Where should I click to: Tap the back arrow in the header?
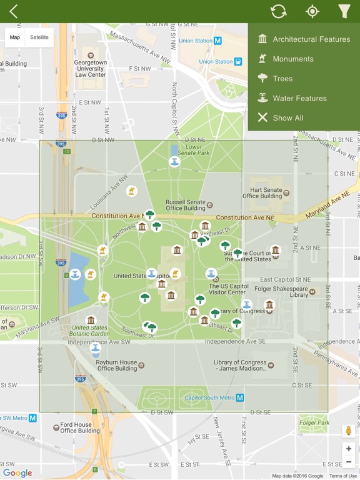pyautogui.click(x=14, y=11)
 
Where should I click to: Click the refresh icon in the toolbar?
pyautogui.click(x=278, y=11)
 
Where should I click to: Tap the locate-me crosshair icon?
pyautogui.click(x=312, y=11)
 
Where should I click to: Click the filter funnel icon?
pyautogui.click(x=344, y=11)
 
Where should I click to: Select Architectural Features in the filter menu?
pyautogui.click(x=311, y=39)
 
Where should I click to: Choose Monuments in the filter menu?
pyautogui.click(x=292, y=59)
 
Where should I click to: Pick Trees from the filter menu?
pyautogui.click(x=282, y=79)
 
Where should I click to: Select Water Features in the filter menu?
pyautogui.click(x=299, y=98)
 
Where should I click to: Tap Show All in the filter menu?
pyautogui.click(x=287, y=117)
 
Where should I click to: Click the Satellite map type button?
pyautogui.click(x=39, y=37)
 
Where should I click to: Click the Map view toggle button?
pyautogui.click(x=15, y=37)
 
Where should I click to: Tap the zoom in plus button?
pyautogui.click(x=349, y=449)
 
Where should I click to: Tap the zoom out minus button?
pyautogui.click(x=349, y=462)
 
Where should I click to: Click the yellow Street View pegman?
pyautogui.click(x=349, y=431)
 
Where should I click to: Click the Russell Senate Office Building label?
pyautogui.click(x=185, y=206)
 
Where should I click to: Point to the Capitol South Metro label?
pyautogui.click(x=209, y=397)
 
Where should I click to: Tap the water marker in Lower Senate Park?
pyautogui.click(x=174, y=162)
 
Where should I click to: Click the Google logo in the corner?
pyautogui.click(x=17, y=473)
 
